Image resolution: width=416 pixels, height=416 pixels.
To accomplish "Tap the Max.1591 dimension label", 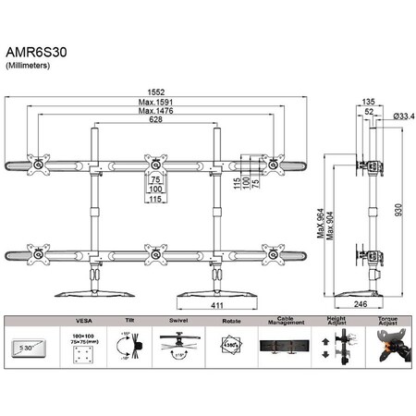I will [154, 103].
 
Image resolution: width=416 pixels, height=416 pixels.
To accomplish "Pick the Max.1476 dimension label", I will [154, 112].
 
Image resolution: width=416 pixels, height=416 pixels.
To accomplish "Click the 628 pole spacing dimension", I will [153, 121].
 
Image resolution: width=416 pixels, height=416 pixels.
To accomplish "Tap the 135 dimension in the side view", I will [368, 103].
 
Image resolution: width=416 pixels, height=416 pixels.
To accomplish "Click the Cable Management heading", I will [287, 323].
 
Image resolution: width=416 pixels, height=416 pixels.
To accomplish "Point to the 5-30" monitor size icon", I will [30, 348].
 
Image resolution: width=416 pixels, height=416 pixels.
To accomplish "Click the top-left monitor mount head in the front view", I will [39, 165].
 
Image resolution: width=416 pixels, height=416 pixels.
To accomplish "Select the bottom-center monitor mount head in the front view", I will [153, 251].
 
